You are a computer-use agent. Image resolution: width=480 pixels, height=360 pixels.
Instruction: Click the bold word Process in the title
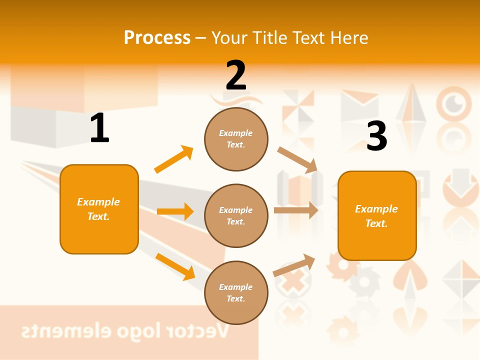coord(157,38)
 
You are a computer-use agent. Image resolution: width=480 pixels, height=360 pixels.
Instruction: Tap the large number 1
coord(99,128)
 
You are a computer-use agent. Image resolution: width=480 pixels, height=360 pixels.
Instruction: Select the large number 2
coord(236,75)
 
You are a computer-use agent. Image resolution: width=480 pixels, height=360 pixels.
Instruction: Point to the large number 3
coord(377,136)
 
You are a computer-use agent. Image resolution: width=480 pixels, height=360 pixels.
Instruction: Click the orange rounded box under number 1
coord(99,209)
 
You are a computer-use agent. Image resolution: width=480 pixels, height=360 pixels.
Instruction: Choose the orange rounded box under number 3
coord(377,215)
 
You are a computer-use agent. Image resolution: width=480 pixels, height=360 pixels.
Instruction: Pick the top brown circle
coord(236,139)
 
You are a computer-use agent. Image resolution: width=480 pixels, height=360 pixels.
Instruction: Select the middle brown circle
coord(236,215)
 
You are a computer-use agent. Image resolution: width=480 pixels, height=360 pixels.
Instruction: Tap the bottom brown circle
coord(236,292)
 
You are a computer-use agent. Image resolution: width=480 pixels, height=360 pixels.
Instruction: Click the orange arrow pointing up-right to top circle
coord(173,159)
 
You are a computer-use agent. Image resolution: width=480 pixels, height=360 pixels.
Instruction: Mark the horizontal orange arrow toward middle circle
coord(175,211)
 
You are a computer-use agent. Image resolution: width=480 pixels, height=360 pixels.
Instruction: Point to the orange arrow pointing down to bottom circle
coord(175,266)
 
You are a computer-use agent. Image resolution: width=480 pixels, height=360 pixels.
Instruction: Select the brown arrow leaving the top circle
coord(297,160)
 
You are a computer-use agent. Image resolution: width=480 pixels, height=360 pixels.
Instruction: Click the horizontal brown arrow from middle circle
coord(296,210)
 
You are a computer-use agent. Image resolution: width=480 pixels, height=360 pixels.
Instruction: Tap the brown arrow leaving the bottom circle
coord(294,265)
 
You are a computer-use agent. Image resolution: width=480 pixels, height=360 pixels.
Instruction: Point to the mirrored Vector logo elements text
coord(125,330)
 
